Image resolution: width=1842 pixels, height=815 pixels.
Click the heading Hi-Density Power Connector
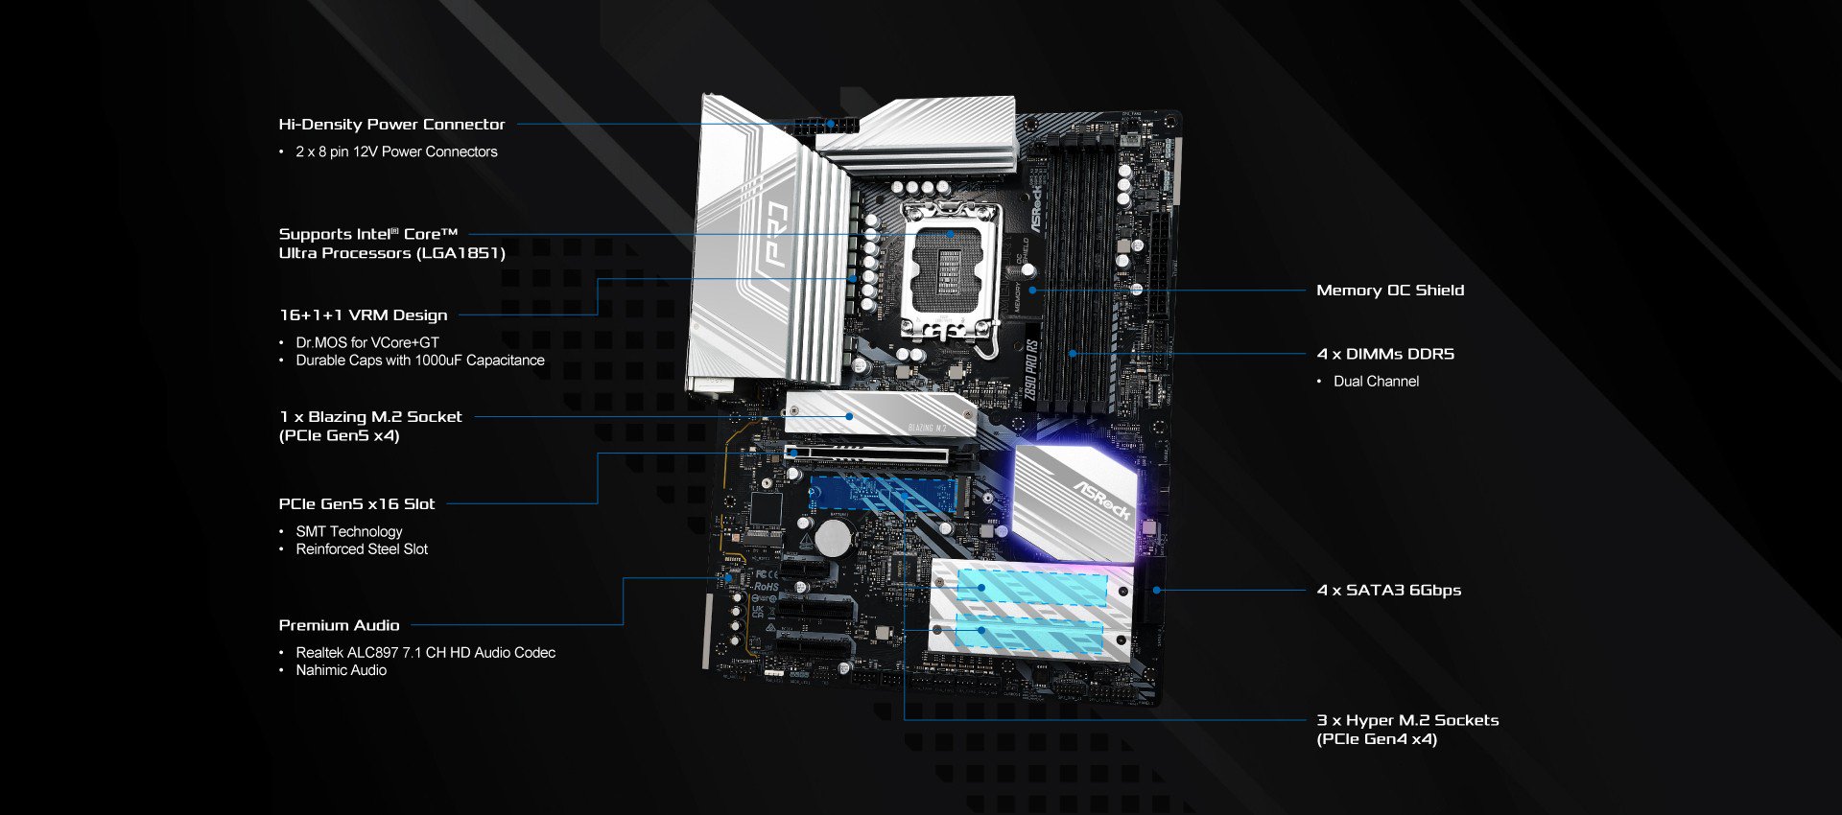pos(391,125)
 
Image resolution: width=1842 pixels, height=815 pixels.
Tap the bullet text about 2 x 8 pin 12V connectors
pos(396,151)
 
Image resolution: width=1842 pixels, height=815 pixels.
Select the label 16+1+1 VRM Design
pos(363,315)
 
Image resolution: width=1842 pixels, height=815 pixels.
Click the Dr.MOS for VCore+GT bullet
pos(367,342)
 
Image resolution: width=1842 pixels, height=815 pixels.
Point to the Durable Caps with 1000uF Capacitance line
pos(419,361)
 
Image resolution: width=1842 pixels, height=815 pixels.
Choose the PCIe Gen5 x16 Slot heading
pos(356,504)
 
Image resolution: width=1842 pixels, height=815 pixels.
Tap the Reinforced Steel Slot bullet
pos(362,549)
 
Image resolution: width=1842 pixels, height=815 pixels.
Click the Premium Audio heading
pos(339,625)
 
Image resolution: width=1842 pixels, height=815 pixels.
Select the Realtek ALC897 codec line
pos(425,653)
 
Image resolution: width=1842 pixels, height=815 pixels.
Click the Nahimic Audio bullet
pos(341,670)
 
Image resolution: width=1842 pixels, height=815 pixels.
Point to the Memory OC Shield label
pos(1390,291)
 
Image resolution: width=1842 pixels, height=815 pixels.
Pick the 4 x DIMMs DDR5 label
pos(1385,354)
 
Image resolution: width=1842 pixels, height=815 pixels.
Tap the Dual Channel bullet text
pos(1376,382)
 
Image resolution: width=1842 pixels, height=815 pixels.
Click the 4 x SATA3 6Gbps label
pos(1389,591)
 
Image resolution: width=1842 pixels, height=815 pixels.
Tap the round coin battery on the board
pos(833,538)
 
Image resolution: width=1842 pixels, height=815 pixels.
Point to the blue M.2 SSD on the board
pos(883,495)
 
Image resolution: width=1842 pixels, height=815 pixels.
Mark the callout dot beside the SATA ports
pos(1156,591)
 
